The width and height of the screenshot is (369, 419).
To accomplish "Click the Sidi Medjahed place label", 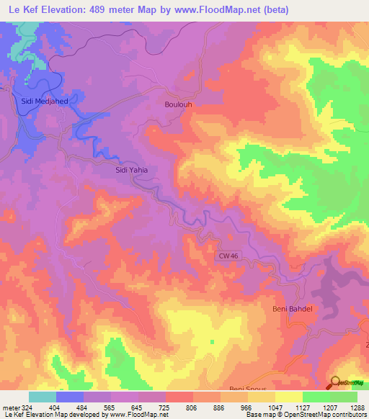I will [45, 102].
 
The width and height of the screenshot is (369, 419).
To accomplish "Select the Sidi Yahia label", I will [132, 171].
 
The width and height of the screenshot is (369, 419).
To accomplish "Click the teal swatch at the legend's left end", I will [43, 397].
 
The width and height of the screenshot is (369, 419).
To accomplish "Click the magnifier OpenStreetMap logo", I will [335, 382].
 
